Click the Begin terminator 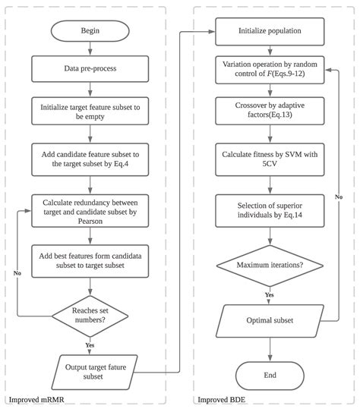90,31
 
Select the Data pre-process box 90,68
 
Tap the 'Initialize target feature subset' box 90,111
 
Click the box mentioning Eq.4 90,159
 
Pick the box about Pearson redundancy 90,211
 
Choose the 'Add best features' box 90,261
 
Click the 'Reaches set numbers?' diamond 90,316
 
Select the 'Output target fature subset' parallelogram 94,372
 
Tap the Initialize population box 270,31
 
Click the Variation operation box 270,70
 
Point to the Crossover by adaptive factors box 270,111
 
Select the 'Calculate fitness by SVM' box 270,159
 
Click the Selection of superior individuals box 270,211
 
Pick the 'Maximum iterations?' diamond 270,266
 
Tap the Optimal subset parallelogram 270,321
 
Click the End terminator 270,376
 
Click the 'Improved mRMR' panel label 36,400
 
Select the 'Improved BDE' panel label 221,400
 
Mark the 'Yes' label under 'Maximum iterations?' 270,294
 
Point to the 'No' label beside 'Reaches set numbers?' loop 17,273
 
